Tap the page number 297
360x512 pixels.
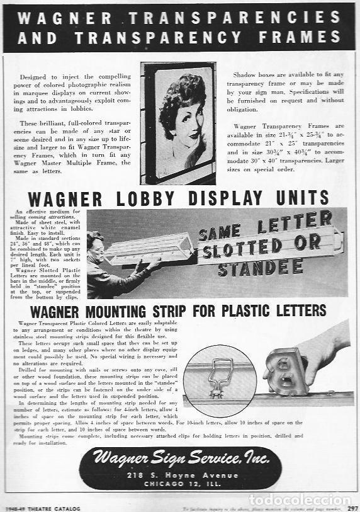[352, 507]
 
